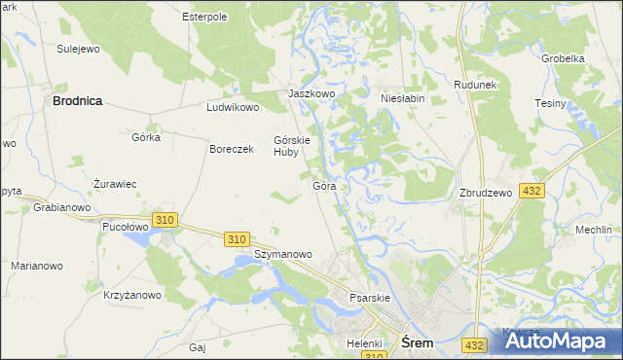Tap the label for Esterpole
204,17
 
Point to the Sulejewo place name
79,48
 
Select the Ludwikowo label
233,107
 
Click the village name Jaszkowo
311,93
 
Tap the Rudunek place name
475,85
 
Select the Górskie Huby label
292,145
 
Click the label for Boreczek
232,149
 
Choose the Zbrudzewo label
486,193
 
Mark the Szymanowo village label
282,254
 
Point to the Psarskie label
370,297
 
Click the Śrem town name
418,342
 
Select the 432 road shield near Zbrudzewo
531,192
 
